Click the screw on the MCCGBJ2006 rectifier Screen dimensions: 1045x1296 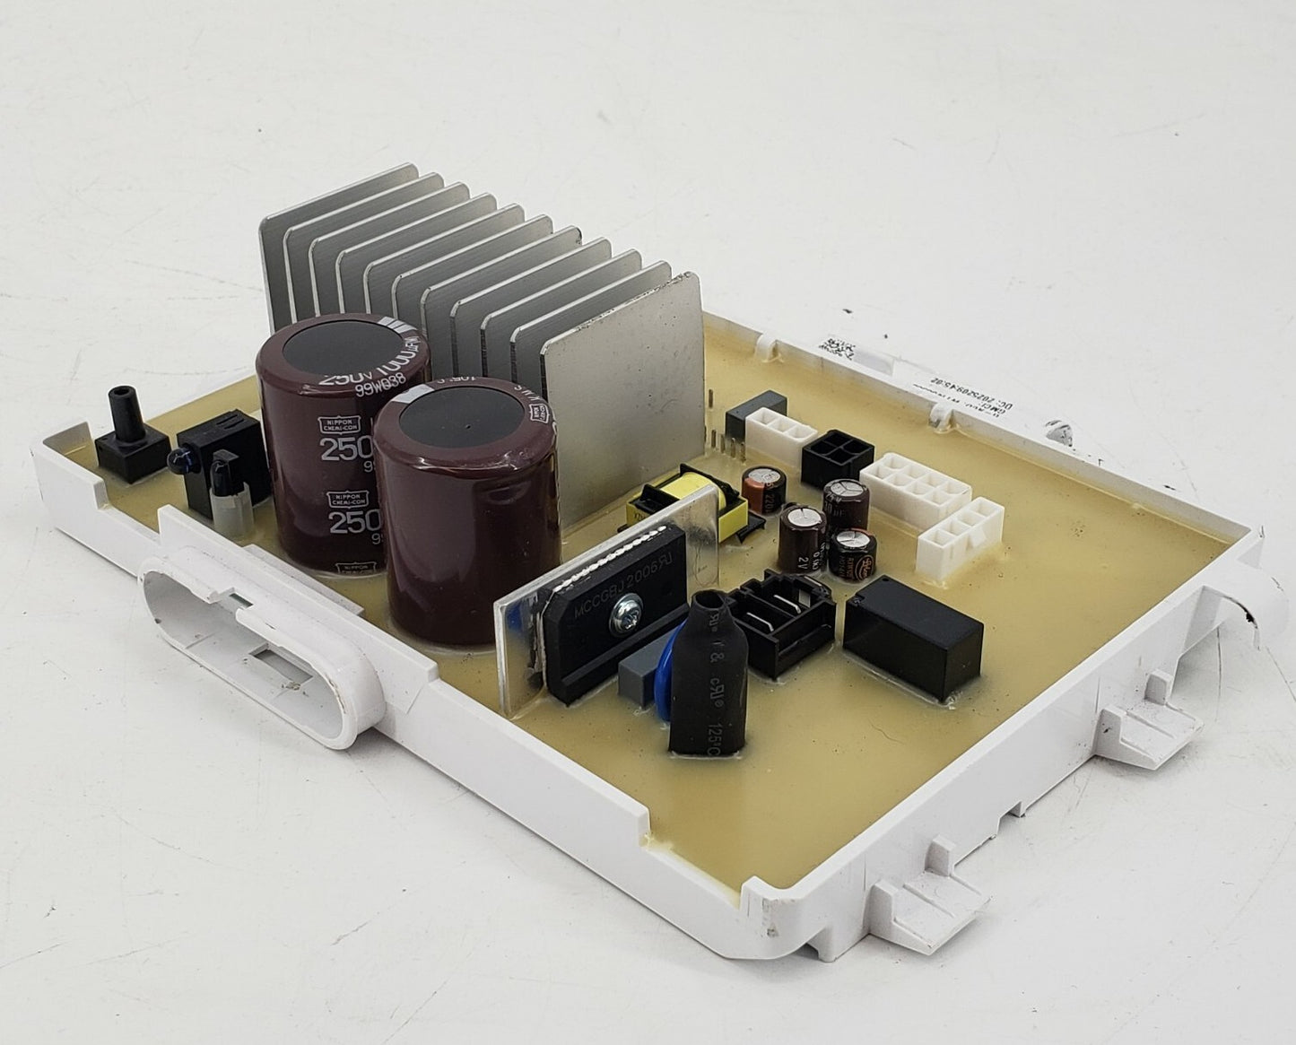pyautogui.click(x=617, y=618)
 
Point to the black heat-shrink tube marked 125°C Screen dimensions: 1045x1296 pyautogui.click(x=709, y=668)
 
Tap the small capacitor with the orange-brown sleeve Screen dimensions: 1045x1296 pyautogui.click(x=762, y=488)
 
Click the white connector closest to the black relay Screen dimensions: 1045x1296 pyautogui.click(x=959, y=531)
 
